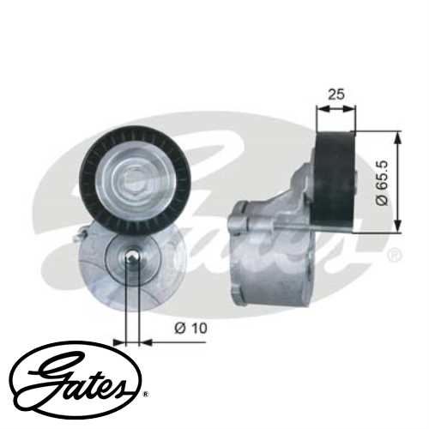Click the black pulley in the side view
(x=335, y=181)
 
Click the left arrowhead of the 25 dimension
(x=321, y=109)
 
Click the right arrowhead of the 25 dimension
(x=352, y=109)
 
